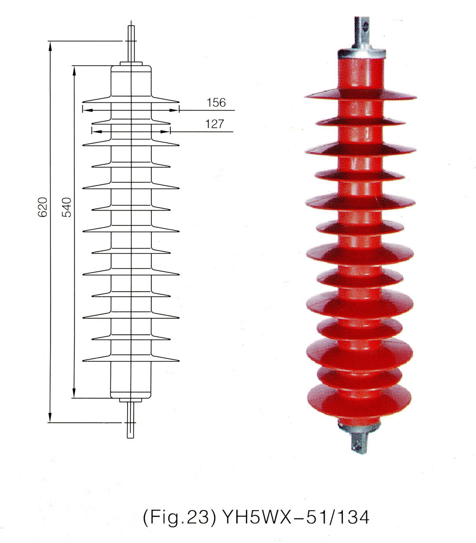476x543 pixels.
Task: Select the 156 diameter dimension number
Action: pyautogui.click(x=216, y=102)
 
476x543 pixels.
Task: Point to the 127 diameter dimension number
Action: pyautogui.click(x=214, y=124)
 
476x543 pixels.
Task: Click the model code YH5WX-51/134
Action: pyautogui.click(x=292, y=517)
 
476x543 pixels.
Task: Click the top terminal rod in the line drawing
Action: pyautogui.click(x=130, y=43)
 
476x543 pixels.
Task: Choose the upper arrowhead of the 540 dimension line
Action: pyautogui.click(x=74, y=70)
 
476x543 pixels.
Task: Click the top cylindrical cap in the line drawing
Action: pyautogui.click(x=131, y=81)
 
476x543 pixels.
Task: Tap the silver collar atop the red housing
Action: pyautogui.click(x=360, y=51)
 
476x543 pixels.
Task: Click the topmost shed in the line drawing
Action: pyautogui.click(x=131, y=101)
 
